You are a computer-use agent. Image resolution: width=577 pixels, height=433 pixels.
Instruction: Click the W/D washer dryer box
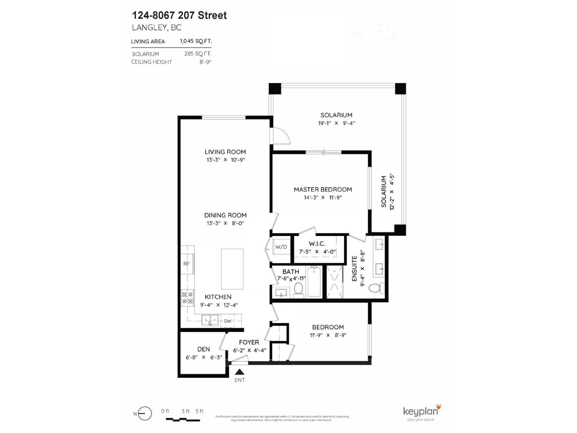pos(281,247)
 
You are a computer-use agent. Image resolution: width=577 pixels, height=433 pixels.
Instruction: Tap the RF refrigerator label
pos(186,264)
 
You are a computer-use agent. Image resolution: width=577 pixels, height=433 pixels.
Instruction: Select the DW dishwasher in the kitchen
pos(228,321)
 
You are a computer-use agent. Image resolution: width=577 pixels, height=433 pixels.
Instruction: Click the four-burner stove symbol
pos(188,298)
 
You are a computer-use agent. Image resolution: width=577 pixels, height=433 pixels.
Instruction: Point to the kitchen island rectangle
pos(232,269)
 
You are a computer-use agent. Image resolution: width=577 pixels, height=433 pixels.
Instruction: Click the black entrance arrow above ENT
pos(240,372)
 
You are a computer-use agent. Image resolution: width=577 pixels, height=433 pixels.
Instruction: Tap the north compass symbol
pos(145,414)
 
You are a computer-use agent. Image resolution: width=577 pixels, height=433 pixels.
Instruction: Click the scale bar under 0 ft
pos(183,420)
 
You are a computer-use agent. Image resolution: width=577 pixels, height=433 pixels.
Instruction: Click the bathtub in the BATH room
pos(314,282)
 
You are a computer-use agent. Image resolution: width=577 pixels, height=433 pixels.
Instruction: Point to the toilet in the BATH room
pos(299,289)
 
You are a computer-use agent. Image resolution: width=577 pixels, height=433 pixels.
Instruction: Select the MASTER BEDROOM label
pos(323,189)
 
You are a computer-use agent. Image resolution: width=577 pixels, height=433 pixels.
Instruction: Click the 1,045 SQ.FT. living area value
pos(196,41)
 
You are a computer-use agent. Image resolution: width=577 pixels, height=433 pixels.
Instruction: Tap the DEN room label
pos(203,349)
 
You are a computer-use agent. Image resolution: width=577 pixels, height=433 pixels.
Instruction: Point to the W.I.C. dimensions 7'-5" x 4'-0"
pos(317,252)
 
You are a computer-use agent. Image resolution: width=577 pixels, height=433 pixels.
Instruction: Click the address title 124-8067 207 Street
pos(180,16)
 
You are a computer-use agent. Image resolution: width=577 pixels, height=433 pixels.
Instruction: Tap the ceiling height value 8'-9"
pos(205,62)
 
